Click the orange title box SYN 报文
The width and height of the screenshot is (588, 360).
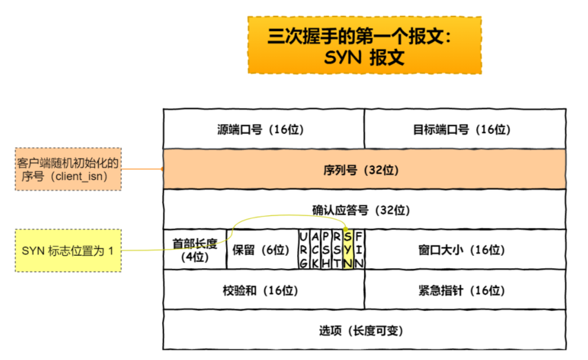[x=364, y=45]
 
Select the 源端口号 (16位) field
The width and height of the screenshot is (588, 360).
[x=263, y=129]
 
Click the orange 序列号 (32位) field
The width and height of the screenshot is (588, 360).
[x=364, y=169]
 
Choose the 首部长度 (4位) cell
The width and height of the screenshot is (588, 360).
[x=194, y=250]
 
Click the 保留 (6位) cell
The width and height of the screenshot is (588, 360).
[x=261, y=250]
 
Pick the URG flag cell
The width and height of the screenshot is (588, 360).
[x=303, y=250]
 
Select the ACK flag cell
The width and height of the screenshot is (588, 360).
[x=314, y=250]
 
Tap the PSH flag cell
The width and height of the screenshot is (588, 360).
[x=325, y=250]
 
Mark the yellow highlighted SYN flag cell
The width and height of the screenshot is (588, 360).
[x=348, y=250]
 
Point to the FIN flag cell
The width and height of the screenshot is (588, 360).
[x=359, y=250]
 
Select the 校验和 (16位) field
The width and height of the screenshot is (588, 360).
[x=263, y=290]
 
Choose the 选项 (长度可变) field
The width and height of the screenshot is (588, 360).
[x=364, y=330]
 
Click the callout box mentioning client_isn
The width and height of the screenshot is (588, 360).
[x=68, y=170]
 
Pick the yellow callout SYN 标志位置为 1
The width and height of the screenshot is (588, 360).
[x=68, y=250]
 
